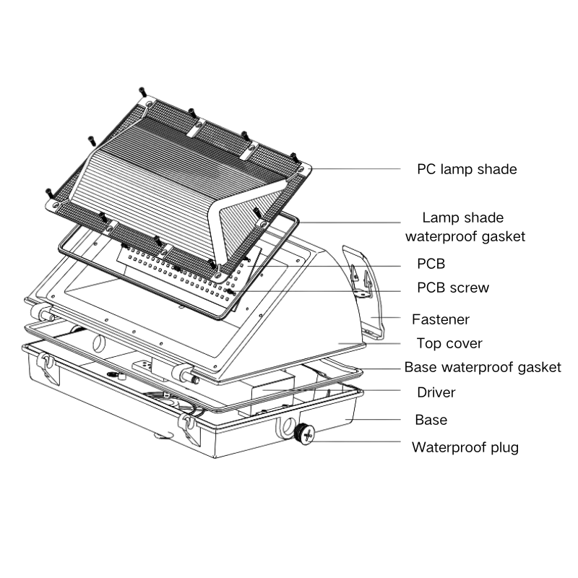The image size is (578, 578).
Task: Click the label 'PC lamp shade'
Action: pos(467,170)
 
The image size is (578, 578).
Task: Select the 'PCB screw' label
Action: pos(453,288)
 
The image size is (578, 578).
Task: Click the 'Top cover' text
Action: pos(449,343)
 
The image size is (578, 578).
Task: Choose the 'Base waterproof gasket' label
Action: pos(482,367)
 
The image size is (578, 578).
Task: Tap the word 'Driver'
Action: pos(436,392)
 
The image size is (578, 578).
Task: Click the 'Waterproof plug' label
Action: pos(465,447)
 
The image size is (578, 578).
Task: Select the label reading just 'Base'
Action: pos(431,420)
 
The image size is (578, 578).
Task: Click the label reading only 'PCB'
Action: pos(431,264)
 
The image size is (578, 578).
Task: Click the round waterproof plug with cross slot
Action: pos(306,434)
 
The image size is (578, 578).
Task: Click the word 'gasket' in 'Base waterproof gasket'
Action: pos(537,367)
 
